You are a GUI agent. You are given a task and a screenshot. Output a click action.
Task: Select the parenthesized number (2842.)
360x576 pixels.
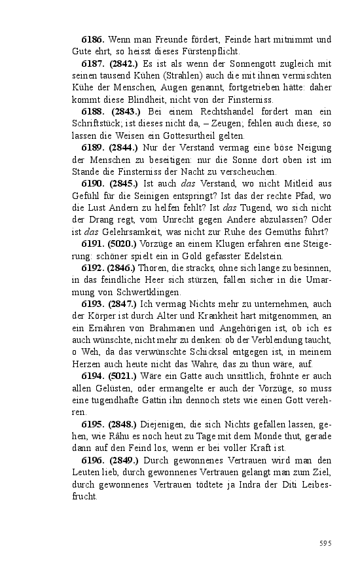(x=123, y=63)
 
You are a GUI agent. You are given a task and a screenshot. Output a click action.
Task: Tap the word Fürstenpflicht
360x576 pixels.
(x=211, y=52)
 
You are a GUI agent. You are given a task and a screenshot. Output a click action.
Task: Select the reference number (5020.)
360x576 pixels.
(x=123, y=244)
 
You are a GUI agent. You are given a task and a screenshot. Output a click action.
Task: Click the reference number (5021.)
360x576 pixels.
(x=123, y=376)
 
